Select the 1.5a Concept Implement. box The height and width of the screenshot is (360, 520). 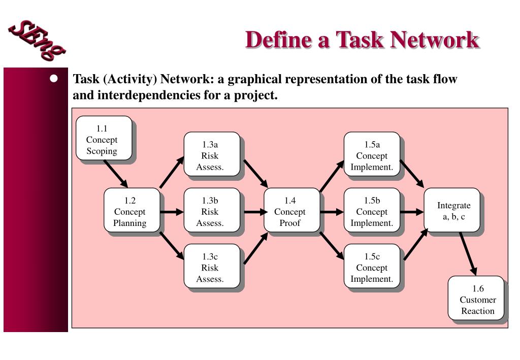(x=372, y=154)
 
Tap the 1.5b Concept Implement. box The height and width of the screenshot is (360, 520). (x=372, y=210)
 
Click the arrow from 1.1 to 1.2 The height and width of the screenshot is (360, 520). (x=116, y=174)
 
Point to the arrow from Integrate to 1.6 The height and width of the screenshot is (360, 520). (x=468, y=253)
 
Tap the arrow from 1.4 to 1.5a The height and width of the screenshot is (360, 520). (x=332, y=176)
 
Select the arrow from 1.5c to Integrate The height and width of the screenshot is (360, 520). (x=415, y=245)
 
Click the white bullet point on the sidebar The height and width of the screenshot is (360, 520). (x=54, y=79)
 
